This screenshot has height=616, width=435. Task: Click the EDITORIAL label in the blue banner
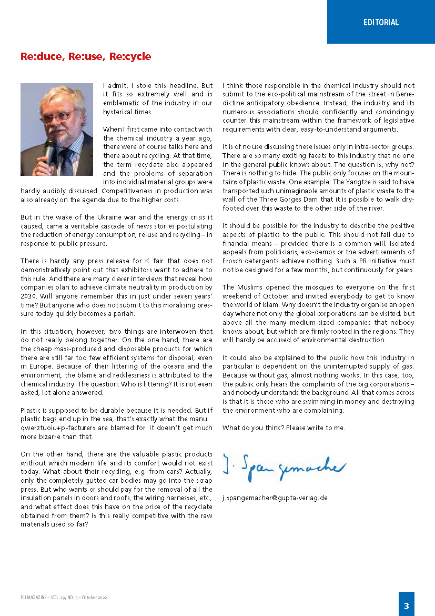tap(381, 22)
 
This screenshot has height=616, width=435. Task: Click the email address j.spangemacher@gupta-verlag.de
tap(275, 498)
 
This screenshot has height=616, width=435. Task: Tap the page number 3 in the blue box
tap(406, 606)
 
